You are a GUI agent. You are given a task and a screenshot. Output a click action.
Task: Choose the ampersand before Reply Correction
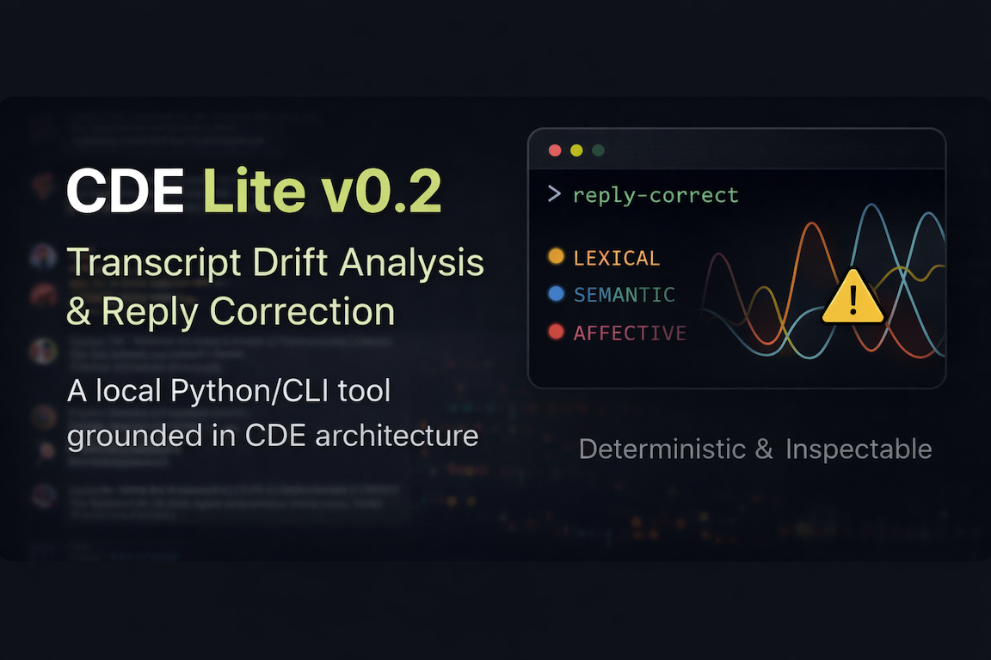78,310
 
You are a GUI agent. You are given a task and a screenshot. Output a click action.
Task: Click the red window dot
555,150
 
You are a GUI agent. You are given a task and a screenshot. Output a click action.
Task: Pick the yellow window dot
576,150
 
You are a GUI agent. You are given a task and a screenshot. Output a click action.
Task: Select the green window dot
598,150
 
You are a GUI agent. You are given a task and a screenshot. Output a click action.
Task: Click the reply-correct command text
656,195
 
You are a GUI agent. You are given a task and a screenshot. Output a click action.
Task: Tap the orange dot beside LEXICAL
556,256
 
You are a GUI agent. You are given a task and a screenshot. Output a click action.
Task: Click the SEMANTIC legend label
625,295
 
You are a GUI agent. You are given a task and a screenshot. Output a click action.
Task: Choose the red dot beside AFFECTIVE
556,332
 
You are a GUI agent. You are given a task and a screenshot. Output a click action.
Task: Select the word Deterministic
663,449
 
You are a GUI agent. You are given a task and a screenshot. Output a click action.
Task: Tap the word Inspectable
859,449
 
